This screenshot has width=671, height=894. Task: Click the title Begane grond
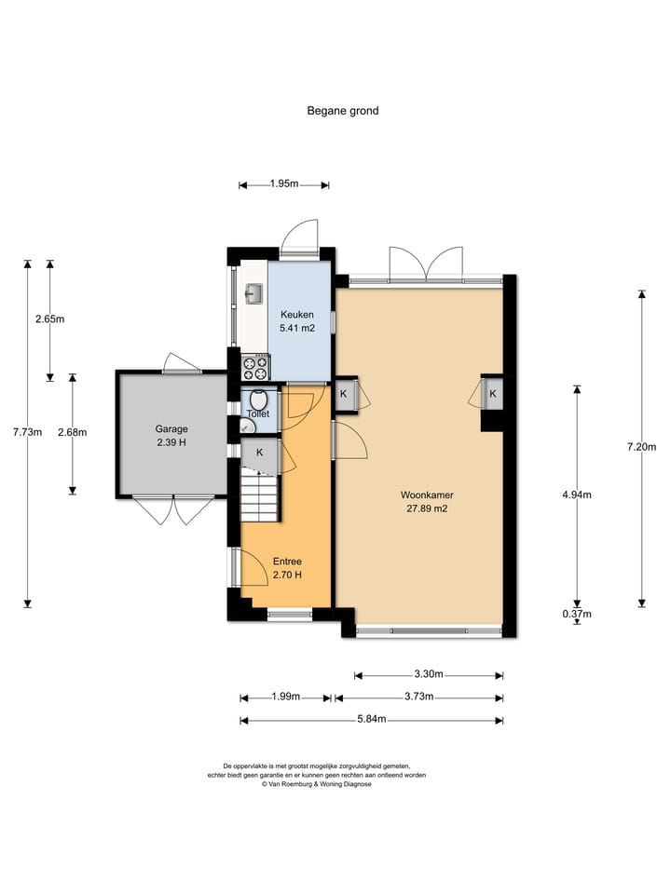[x=342, y=111]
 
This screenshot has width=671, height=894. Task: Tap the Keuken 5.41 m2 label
[x=296, y=321]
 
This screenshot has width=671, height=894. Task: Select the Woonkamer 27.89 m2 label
[x=427, y=502]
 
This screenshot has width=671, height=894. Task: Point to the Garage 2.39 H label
[x=171, y=436]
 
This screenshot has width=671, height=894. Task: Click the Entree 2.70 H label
[x=287, y=568]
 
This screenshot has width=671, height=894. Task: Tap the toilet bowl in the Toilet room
[x=258, y=400]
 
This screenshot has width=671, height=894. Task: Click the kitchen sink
[x=253, y=293]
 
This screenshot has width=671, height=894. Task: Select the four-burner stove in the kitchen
[x=255, y=367]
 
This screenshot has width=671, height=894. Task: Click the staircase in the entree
[x=260, y=497]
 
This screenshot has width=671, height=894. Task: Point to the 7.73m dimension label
[x=27, y=432]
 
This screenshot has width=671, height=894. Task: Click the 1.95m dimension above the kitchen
[x=284, y=183]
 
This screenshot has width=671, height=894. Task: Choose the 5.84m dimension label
[x=372, y=719]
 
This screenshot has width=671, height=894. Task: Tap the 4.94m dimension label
[x=577, y=494]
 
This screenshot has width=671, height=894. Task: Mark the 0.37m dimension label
[x=577, y=614]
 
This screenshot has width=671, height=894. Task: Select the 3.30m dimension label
[x=429, y=674]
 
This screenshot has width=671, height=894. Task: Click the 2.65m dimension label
[x=49, y=319]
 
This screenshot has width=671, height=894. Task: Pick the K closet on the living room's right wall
[x=492, y=393]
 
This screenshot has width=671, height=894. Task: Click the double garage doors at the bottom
[x=173, y=511]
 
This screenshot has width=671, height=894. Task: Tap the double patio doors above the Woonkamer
[x=426, y=264]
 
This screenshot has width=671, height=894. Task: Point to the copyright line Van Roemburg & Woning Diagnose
[x=317, y=784]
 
